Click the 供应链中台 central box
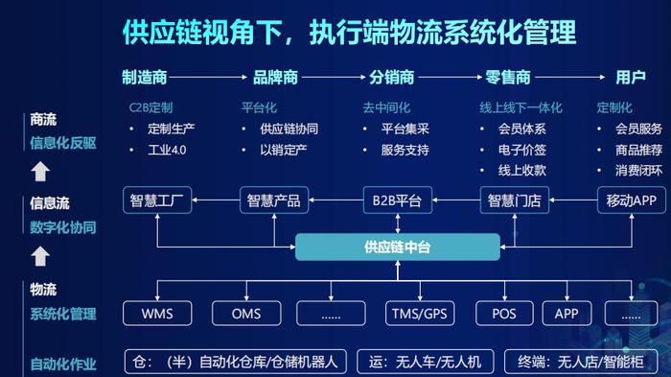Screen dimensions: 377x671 pos(397,247)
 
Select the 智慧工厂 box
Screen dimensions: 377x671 pos(159,200)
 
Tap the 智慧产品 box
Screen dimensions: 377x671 pos(274,200)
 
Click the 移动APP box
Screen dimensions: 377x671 pos(631,200)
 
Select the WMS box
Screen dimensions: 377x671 pos(157,314)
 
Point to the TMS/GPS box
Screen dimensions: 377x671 pos(420,314)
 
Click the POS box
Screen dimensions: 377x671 pos(504,314)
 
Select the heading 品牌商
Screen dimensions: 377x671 pos(275,78)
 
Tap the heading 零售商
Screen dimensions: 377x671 pos(508,78)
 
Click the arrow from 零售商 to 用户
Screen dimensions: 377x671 pos(573,78)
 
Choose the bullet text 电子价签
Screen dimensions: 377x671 pos(522,150)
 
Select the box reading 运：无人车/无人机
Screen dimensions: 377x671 pos(425,362)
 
